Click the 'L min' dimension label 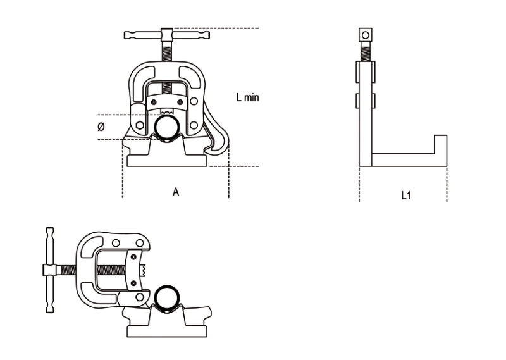pos(247,97)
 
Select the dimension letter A pos(176,192)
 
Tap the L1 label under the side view pos(406,196)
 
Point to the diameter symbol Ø pos(101,127)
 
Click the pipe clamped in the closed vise pos(168,128)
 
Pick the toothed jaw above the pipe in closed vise pos(168,114)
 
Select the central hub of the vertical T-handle pos(47,270)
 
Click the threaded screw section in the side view pos(364,51)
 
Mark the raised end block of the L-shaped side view pos(440,146)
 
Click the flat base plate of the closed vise pos(167,160)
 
